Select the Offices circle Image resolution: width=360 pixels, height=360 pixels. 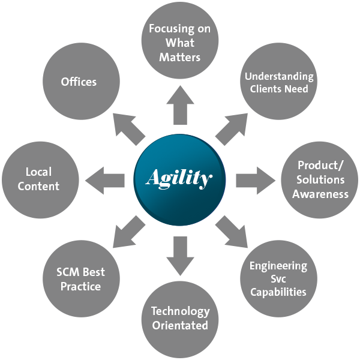79,82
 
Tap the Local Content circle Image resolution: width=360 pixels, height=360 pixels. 39,179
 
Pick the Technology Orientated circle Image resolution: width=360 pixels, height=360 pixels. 179,318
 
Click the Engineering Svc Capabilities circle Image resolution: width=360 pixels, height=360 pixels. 278,278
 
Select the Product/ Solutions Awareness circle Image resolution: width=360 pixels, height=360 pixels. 320,179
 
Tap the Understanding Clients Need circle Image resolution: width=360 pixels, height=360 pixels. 278,83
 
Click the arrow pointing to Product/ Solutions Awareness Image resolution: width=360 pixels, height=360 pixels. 254,179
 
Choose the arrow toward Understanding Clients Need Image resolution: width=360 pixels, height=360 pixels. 232,127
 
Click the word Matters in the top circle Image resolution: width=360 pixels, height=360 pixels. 179,58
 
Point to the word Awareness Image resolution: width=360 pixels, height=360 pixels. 321,194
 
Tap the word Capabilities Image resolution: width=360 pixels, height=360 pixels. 278,292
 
